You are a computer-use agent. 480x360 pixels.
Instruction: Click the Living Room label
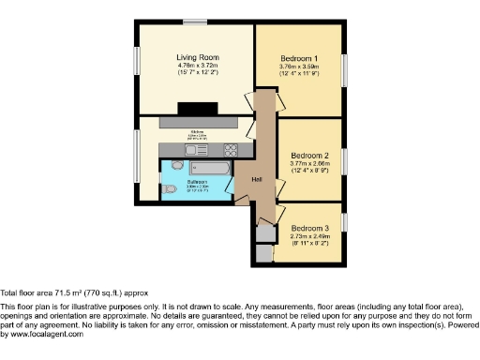click(198, 58)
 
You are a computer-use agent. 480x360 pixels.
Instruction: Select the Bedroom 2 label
click(308, 155)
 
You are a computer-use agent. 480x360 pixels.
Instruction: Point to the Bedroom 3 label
click(308, 229)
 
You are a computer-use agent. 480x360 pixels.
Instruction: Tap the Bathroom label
click(197, 181)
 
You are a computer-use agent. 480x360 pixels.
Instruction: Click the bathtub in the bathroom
click(209, 167)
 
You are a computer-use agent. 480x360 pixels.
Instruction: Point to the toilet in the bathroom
click(169, 189)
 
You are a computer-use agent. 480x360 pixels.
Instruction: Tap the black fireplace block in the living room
click(197, 107)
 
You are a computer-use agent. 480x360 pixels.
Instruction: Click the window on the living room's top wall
click(195, 22)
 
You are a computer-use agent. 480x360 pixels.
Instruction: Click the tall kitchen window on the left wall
click(138, 155)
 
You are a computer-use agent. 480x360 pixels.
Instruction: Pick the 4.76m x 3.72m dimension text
click(198, 66)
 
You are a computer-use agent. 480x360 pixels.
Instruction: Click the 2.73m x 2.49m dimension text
click(308, 236)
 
